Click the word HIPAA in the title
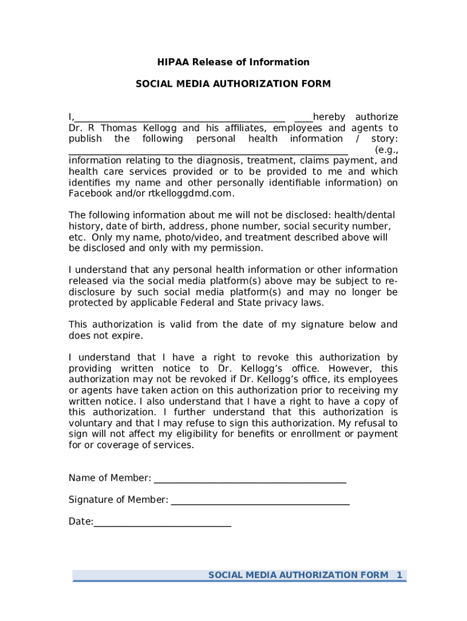[x=172, y=62]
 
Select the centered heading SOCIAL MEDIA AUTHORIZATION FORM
[x=233, y=84]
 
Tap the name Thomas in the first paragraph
[x=119, y=128]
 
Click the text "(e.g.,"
[x=386, y=150]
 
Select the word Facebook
[x=89, y=193]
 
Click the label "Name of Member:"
[x=110, y=478]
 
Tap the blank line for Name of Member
[x=250, y=480]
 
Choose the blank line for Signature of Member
[x=260, y=502]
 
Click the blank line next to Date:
[x=162, y=523]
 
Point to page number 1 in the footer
[x=399, y=574]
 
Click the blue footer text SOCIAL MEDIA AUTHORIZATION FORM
[x=298, y=574]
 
